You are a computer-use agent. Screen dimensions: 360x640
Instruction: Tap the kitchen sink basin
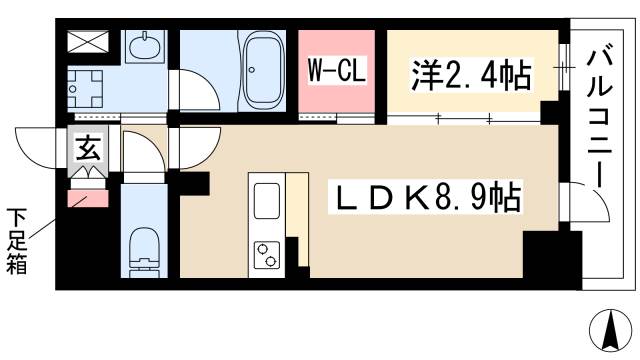[267, 201]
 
